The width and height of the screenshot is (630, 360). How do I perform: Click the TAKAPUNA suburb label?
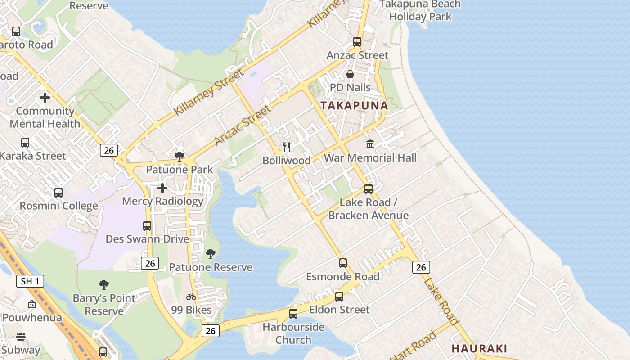coord(354,106)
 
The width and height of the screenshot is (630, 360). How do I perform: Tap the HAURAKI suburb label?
coord(479,348)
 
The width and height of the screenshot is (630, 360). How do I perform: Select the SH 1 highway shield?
coord(31,282)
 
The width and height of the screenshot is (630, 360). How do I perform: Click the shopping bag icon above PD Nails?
coord(350,74)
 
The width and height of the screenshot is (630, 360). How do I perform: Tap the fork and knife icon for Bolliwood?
coord(287,147)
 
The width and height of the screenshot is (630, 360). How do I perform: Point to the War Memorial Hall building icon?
coord(370,144)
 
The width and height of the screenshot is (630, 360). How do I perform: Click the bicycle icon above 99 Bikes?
coord(191,297)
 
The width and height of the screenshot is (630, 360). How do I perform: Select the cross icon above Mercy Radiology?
coord(162,188)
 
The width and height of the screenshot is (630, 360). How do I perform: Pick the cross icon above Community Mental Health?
coord(45,97)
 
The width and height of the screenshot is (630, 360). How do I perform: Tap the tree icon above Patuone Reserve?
coord(210,254)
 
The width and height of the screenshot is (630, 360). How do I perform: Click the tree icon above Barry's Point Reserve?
coord(104,285)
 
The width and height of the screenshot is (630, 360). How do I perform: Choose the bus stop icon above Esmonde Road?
coord(343,263)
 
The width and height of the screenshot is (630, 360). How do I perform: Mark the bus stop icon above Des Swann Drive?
coord(147,225)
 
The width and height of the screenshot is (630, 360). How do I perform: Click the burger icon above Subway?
coord(21,337)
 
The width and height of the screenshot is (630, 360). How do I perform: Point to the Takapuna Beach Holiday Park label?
coord(420,10)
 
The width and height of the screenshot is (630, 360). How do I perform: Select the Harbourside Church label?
coord(293,333)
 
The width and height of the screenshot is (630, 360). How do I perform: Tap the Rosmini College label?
coord(58,206)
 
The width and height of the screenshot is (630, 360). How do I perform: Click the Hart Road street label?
coord(413,346)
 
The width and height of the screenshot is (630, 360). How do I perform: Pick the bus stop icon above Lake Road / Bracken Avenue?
coord(369,189)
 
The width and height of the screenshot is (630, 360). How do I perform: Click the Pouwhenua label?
coord(31,317)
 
